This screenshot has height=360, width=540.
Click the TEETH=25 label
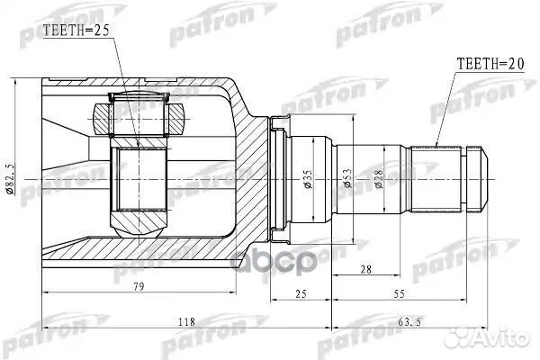(76, 31)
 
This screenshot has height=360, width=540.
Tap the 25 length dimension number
(301, 294)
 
